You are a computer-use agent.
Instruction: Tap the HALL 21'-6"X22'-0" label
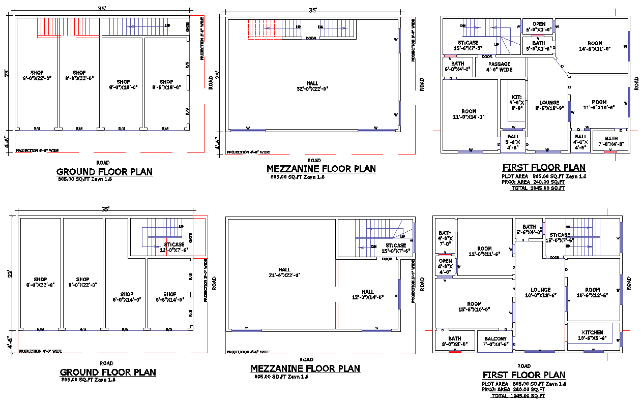click(x=284, y=272)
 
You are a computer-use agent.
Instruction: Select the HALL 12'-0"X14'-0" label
click(x=368, y=294)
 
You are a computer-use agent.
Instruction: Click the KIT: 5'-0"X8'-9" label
click(x=517, y=102)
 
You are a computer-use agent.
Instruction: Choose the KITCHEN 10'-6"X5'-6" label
click(x=592, y=335)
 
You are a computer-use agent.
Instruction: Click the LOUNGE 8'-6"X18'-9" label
click(x=549, y=105)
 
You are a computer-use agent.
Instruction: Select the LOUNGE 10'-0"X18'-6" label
click(x=541, y=293)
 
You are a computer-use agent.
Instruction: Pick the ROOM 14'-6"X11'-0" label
click(x=595, y=46)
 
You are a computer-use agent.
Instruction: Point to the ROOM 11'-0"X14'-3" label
click(x=469, y=114)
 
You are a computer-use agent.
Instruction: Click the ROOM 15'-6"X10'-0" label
click(x=474, y=306)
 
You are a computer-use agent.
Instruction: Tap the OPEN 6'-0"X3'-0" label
click(x=539, y=26)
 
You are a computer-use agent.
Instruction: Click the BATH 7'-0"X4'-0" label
click(x=611, y=141)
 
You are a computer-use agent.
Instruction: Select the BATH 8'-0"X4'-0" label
click(x=454, y=341)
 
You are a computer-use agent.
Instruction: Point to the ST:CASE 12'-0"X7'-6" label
click(x=174, y=248)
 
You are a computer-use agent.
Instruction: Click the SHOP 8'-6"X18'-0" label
click(x=166, y=84)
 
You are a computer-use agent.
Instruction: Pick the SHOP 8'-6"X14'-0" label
click(x=169, y=297)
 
